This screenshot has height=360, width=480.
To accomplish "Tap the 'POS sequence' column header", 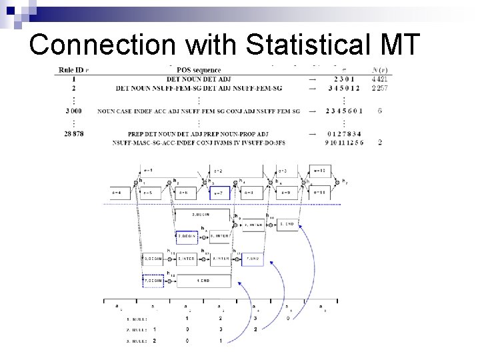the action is [x=198, y=69].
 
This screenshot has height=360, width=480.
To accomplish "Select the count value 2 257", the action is [x=380, y=87].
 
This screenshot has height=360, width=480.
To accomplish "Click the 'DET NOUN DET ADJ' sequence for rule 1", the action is [x=198, y=79].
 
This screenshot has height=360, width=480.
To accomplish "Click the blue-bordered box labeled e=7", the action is [x=219, y=193].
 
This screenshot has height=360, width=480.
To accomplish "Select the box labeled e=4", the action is [x=121, y=193].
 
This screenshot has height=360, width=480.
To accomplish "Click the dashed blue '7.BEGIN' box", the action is [x=153, y=281].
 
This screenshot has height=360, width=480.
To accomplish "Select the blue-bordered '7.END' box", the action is [x=253, y=258].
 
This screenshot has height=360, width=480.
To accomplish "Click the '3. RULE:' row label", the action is [x=136, y=340].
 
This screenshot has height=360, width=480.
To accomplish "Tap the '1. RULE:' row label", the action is [x=136, y=318].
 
